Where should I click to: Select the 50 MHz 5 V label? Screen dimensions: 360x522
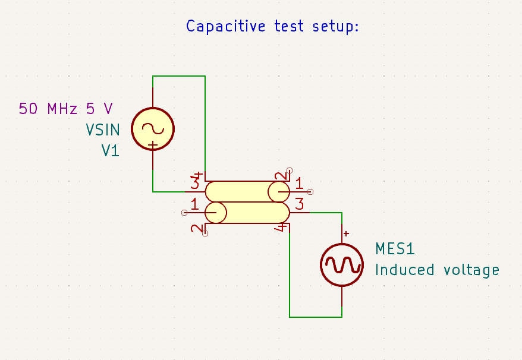point(65,109)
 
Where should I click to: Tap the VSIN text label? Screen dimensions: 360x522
point(102,130)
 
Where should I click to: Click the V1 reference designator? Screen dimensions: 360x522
point(110,151)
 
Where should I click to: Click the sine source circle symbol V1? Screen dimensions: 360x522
point(153,128)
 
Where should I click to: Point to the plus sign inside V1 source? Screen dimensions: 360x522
point(153,145)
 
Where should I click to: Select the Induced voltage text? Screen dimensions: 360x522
point(437,270)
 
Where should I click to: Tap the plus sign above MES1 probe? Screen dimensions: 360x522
point(346,234)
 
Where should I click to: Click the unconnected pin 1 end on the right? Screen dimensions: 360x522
point(310,192)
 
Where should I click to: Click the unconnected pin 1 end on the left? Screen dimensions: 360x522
point(184,212)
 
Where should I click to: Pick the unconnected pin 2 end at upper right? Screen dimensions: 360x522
point(290,169)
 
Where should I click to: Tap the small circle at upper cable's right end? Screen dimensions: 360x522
point(278,192)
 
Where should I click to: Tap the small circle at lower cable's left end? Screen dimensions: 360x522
point(216,212)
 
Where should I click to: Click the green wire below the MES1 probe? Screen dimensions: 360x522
point(315,317)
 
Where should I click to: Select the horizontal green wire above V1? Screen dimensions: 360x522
point(178,76)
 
